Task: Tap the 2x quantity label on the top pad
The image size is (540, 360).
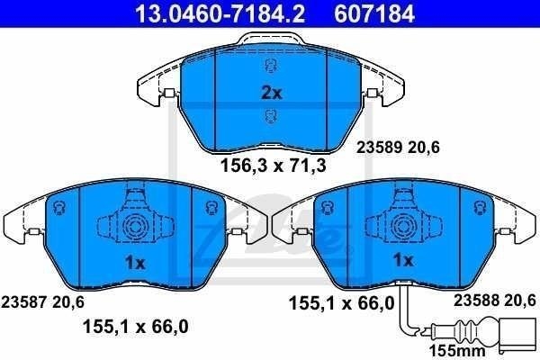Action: [271, 93]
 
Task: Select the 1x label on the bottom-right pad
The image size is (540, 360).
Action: [401, 260]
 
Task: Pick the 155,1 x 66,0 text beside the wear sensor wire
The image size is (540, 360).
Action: [341, 306]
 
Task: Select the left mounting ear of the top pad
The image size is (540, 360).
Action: [152, 91]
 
